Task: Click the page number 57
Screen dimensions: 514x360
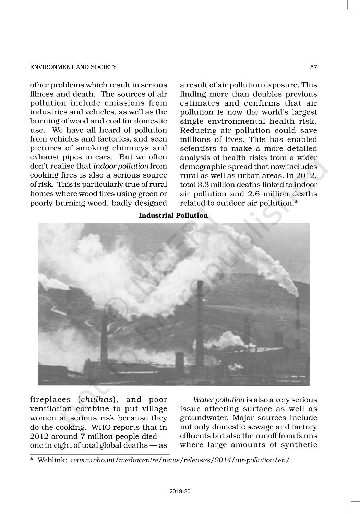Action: click(x=313, y=67)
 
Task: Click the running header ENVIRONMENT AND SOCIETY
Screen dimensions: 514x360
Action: click(x=73, y=67)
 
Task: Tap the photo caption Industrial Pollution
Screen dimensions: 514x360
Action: click(x=173, y=215)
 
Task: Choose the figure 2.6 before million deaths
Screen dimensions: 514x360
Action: click(x=255, y=194)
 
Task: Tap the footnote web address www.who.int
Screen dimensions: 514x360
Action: click(x=180, y=460)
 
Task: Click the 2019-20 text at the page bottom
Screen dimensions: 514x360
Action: click(x=180, y=492)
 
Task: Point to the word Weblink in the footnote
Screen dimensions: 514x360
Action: click(x=52, y=460)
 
